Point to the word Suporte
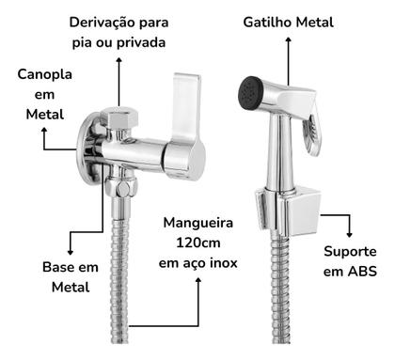(350, 252)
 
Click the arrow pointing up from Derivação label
(118, 75)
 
